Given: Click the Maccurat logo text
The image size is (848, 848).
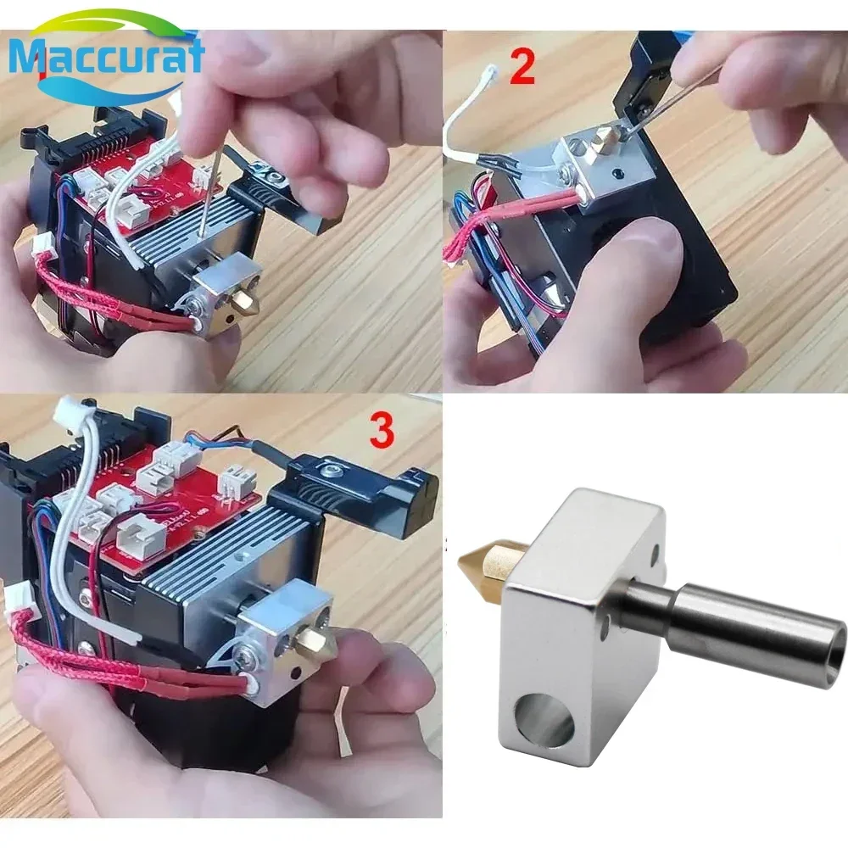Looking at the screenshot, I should coord(106,58).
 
